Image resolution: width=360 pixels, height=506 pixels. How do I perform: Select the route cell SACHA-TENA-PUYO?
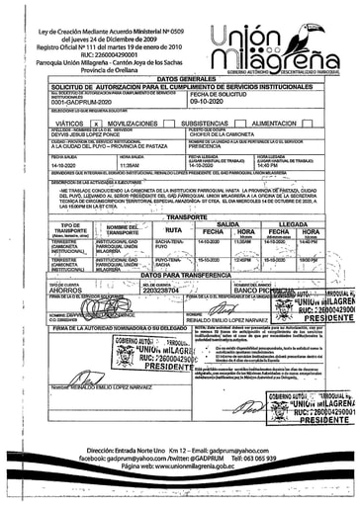pos(169,244)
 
